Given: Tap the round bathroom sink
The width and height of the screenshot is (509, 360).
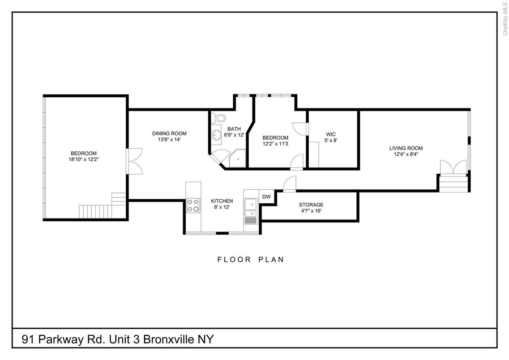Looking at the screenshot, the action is click(216, 134).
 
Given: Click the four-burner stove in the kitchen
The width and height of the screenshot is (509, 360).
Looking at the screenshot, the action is click(193, 206).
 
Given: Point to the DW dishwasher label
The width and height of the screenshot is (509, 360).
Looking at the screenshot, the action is click(266, 197).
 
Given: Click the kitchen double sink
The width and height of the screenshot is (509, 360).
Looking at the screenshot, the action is click(251, 208).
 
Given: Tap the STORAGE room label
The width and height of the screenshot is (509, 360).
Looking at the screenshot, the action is click(311, 205).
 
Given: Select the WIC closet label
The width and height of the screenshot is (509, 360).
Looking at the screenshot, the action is click(331, 134).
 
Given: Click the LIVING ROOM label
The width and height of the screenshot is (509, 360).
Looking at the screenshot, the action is click(406, 148).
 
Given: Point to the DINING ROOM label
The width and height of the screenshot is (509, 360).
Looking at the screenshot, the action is click(169, 133).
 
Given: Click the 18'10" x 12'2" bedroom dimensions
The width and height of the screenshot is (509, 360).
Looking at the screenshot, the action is click(84, 159).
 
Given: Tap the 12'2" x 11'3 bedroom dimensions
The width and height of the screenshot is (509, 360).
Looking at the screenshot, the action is click(275, 144).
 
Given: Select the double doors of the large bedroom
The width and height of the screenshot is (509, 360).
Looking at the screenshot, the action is click(134, 161).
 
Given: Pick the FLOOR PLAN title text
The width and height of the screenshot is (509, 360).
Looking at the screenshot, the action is click(251, 260).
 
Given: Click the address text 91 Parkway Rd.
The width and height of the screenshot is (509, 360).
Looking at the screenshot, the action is click(63, 339).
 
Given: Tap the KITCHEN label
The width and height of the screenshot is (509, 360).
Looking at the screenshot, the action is click(222, 201).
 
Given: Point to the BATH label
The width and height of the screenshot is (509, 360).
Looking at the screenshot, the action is click(234, 129).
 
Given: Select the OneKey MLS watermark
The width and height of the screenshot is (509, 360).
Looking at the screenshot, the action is click(505, 19).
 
